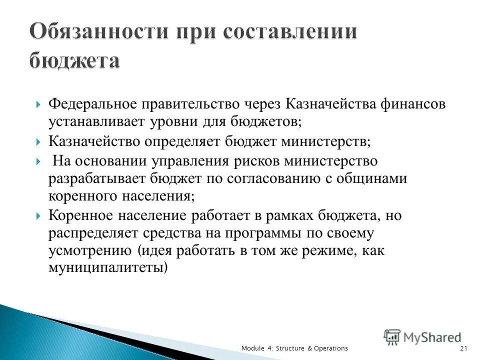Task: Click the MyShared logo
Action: [422, 337]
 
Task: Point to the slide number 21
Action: [463, 348]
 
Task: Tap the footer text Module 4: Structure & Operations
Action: [294, 348]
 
